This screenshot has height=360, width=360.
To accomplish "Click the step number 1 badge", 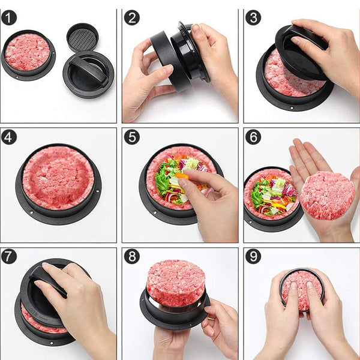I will (x=9, y=17).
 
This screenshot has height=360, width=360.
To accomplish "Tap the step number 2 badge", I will (x=131, y=17).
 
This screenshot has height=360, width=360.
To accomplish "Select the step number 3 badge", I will (x=253, y=17).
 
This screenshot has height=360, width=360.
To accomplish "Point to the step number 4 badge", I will (x=9, y=137).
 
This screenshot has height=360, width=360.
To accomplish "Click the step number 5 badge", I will (x=131, y=137).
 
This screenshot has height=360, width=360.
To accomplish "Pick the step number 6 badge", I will (x=253, y=137).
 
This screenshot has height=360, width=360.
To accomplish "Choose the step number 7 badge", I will (x=9, y=256).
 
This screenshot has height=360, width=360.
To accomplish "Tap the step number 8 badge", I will (x=131, y=256).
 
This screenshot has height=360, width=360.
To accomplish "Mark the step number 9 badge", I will (x=253, y=256).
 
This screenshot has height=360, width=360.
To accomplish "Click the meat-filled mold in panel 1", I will (x=28, y=53).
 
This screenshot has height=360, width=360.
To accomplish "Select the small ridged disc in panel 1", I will (x=82, y=37).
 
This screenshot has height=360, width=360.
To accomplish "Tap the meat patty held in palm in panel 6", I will (x=327, y=195).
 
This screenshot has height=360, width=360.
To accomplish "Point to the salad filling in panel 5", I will (x=177, y=180).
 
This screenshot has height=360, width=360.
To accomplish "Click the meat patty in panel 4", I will (x=58, y=177).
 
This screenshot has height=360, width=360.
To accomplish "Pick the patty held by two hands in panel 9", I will (x=302, y=291).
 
